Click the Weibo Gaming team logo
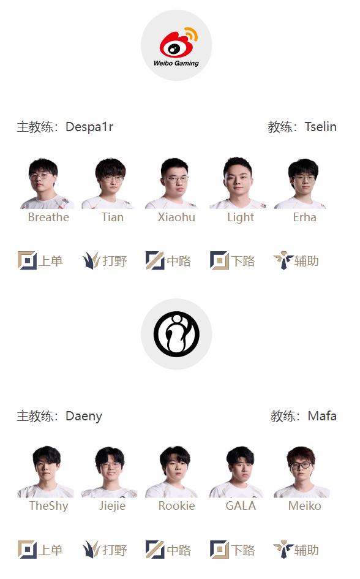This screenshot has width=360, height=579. point(176,45)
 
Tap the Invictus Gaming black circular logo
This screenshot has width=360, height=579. point(176,334)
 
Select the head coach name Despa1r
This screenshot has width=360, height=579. point(89,127)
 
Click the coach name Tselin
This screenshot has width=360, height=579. point(320,127)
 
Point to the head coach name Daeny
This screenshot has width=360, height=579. point(84,416)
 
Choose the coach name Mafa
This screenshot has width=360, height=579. point(322,416)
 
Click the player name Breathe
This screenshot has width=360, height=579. point(48,217)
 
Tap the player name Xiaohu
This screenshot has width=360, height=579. point(176,217)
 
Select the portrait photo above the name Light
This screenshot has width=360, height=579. point(238,183)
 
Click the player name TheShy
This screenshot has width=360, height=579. point(49,506)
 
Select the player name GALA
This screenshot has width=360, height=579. point(241,505)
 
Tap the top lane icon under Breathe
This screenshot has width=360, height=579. point(28,260)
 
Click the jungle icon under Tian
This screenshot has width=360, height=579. point(91,260)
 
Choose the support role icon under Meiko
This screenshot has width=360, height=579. point(283,549)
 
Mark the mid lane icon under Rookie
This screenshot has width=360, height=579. point(155,549)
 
